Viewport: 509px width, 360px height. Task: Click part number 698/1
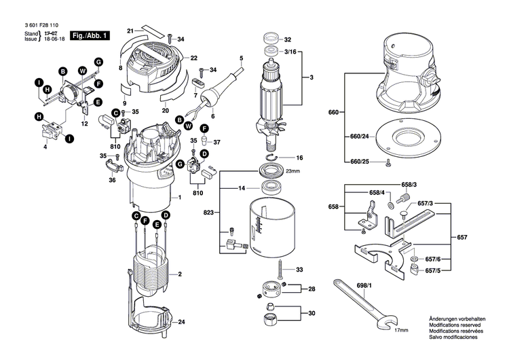364,285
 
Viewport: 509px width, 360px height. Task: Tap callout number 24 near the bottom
181,322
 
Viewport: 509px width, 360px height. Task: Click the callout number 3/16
290,52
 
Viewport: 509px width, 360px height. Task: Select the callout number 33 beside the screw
299,270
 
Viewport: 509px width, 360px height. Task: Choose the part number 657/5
434,271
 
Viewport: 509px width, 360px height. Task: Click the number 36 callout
113,181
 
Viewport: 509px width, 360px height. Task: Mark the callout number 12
85,124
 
